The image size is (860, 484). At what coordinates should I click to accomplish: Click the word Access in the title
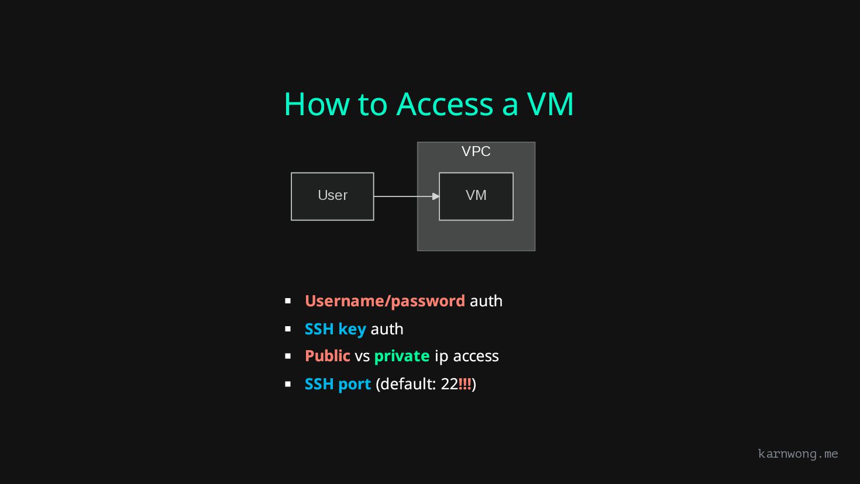coord(445,104)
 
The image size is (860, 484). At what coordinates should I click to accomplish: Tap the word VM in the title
coord(550,104)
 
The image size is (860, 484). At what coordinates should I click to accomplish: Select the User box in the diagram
coord(332,196)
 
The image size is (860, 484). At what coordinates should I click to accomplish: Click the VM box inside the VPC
coord(476,196)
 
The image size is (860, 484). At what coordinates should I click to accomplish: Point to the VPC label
coord(476,151)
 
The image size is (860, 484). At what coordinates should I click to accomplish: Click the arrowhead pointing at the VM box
coord(436,196)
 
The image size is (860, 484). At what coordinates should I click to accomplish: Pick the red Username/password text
coord(385,301)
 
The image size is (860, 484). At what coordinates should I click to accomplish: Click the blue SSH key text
coord(335,329)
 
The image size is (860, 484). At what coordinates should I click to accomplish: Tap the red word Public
coord(328,356)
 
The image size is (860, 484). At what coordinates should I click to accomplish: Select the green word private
coord(402,356)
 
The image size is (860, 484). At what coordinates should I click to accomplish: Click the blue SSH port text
coord(338,384)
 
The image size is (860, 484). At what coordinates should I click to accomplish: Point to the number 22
coord(449,384)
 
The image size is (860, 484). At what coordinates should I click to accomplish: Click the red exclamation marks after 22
coord(465,384)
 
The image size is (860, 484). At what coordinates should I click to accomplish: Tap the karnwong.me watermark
coord(798,454)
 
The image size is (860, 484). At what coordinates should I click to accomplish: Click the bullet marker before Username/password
coord(288,301)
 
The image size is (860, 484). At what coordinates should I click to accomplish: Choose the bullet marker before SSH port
coord(288,384)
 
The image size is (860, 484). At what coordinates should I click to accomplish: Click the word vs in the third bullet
coord(362,356)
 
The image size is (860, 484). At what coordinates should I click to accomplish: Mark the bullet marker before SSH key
coord(288,329)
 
